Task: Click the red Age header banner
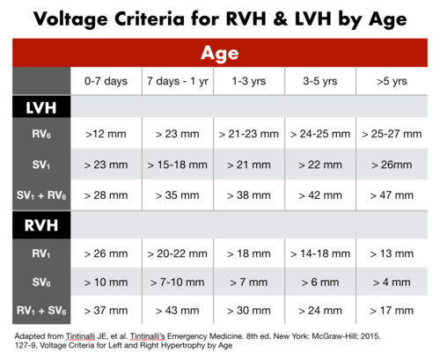[220, 52]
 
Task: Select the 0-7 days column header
[106, 81]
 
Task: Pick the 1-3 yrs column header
[249, 81]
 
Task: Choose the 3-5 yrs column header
[320, 81]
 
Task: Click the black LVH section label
[35, 108]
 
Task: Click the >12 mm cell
[106, 135]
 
